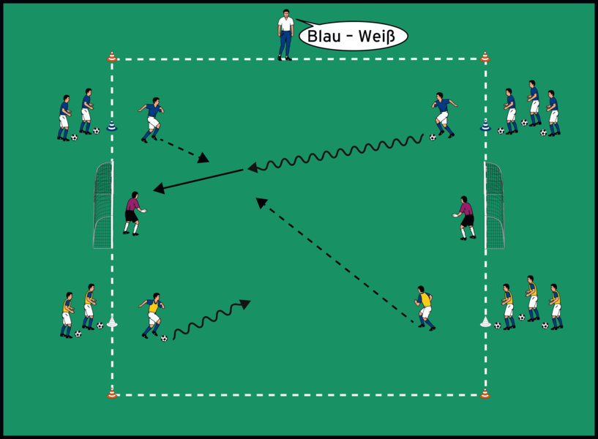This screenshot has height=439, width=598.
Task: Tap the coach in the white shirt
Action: pos(285,34)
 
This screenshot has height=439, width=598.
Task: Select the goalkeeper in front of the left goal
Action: pos(132,213)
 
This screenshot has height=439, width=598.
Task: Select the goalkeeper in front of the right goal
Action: pos(465,217)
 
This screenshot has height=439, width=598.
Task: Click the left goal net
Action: pos(102,205)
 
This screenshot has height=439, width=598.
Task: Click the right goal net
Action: pos(495,205)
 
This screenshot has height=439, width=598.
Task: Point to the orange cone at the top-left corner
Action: pos(112,56)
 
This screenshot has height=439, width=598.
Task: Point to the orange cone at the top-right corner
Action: pos(485,56)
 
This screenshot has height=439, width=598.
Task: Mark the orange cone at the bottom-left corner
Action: pos(112,393)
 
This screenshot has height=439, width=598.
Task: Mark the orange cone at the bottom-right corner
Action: pos(485,393)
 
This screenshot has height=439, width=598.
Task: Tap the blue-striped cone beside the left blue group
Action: pos(112,127)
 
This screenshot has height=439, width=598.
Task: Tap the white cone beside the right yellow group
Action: pos(485,320)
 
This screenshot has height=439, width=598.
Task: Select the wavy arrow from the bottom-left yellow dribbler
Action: pos(212,318)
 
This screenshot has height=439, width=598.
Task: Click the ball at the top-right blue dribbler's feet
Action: pos(433,137)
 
